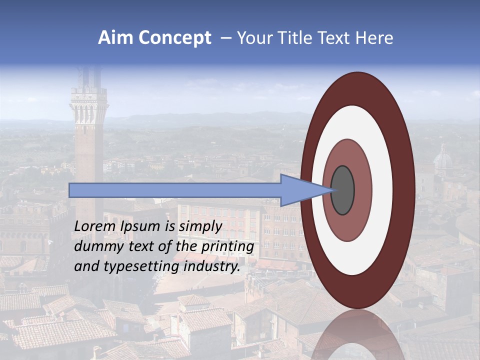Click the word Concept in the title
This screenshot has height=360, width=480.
coord(175,38)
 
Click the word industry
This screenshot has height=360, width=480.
coord(212,266)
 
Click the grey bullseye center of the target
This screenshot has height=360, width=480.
coord(342,190)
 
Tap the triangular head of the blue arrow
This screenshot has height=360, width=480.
coord(300,190)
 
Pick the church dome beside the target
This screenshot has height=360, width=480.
coord(442,160)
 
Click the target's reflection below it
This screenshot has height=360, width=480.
coord(357,335)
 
